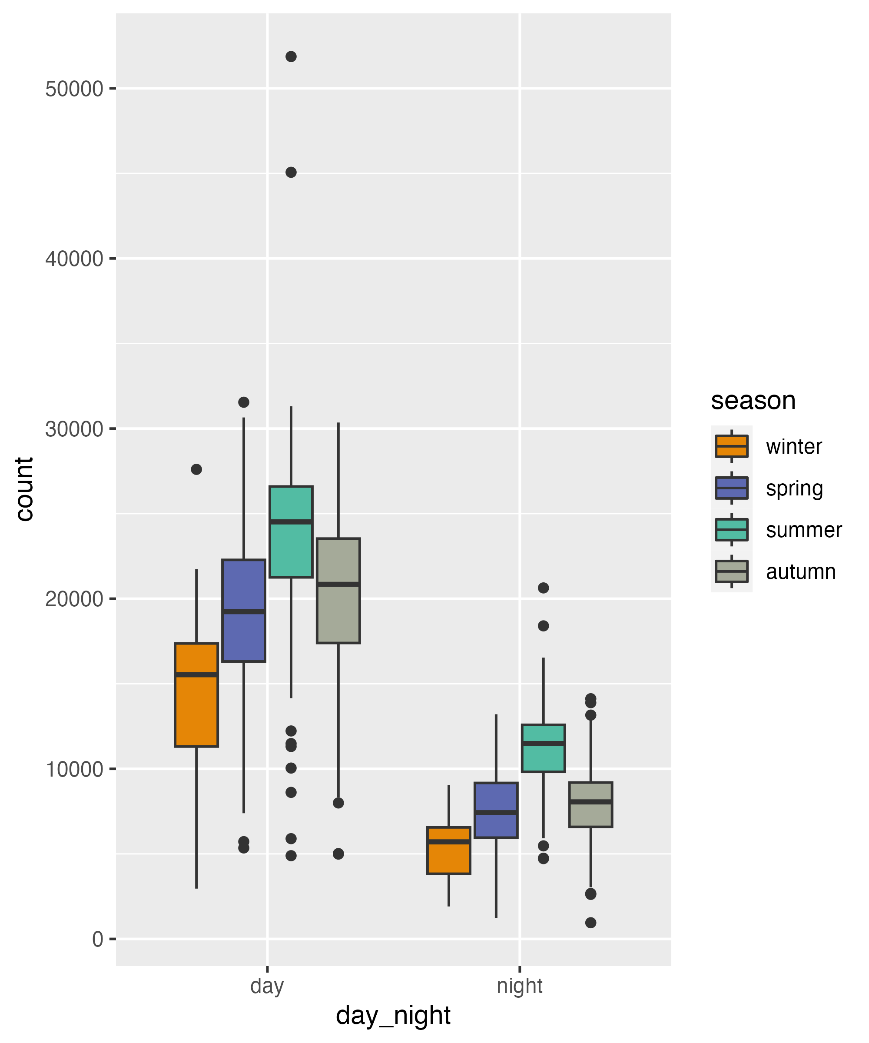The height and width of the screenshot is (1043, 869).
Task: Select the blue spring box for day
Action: point(243,611)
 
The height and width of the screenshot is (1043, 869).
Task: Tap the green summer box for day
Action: point(291,531)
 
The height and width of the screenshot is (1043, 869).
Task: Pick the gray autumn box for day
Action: point(338,591)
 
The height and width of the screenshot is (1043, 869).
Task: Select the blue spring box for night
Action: point(496,810)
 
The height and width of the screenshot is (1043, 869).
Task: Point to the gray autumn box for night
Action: point(590,804)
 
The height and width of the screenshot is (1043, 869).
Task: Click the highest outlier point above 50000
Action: point(291,56)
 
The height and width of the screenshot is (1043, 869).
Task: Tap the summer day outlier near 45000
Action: point(291,173)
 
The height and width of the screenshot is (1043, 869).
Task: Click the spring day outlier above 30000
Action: point(243,402)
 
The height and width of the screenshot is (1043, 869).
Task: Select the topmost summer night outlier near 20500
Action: point(543,588)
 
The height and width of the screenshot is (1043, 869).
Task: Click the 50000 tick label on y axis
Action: point(74,90)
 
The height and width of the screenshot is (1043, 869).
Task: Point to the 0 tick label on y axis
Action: point(97,939)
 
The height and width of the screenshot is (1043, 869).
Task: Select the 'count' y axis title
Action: point(24,489)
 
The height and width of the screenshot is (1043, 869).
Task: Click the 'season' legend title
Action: point(753,400)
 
